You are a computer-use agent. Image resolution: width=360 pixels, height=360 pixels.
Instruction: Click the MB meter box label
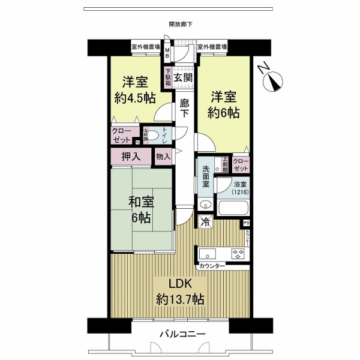(167, 54)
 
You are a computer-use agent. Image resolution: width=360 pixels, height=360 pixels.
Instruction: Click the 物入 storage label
(163, 157)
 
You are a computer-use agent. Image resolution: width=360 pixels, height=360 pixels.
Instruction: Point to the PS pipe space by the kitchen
(246, 224)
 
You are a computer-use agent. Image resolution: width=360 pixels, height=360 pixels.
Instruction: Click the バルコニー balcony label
(182, 334)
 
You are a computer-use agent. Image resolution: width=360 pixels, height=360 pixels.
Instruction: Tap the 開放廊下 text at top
(181, 25)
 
